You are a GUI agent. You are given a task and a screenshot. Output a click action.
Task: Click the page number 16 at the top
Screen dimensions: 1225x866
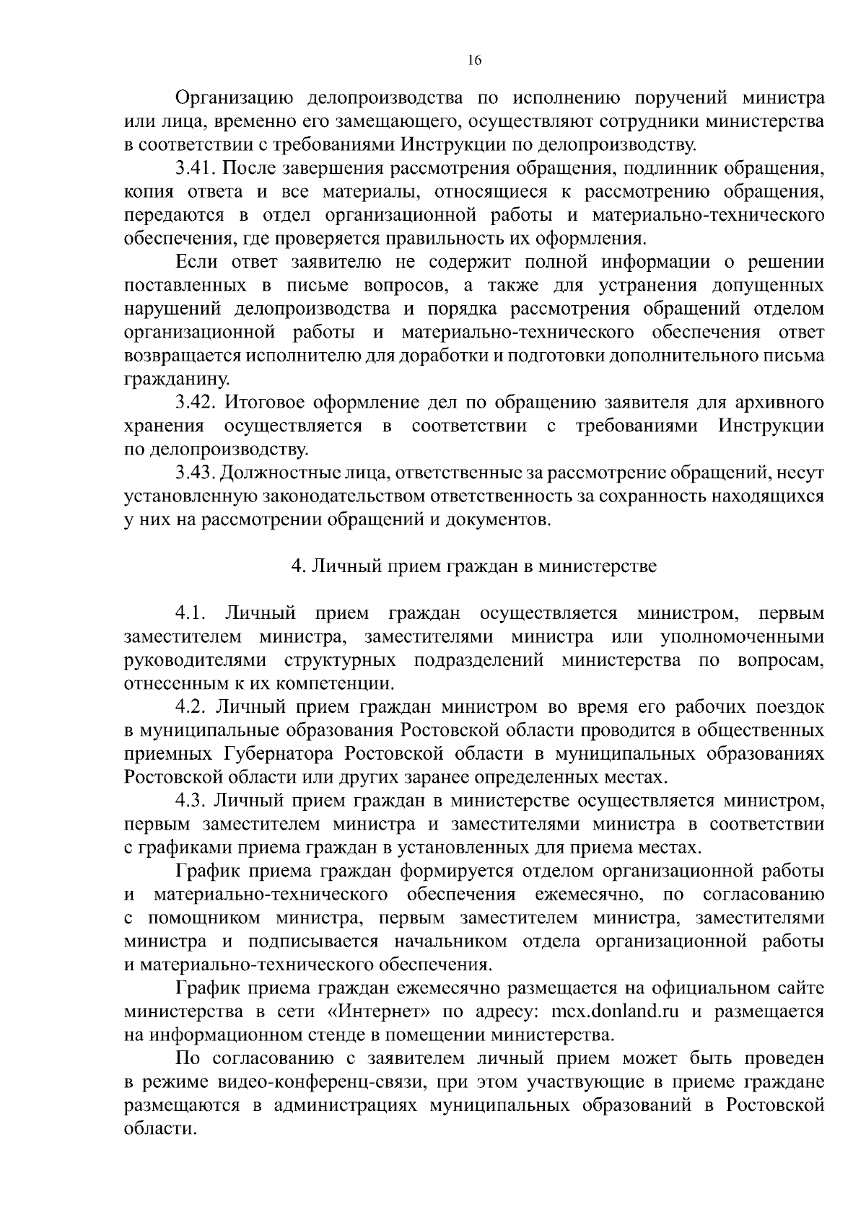pyautogui.click(x=474, y=61)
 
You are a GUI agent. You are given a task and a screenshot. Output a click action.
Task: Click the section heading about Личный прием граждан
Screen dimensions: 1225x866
pyautogui.click(x=473, y=566)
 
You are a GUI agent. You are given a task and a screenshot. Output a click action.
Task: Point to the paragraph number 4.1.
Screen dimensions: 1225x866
pyautogui.click(x=191, y=614)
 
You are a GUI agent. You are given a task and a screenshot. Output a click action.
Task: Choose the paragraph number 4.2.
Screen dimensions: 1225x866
pyautogui.click(x=191, y=707)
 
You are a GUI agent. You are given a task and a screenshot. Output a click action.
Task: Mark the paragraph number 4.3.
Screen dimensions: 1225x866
pyautogui.click(x=191, y=801)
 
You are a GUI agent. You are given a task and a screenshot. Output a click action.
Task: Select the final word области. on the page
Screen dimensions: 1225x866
pyautogui.click(x=160, y=1129)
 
